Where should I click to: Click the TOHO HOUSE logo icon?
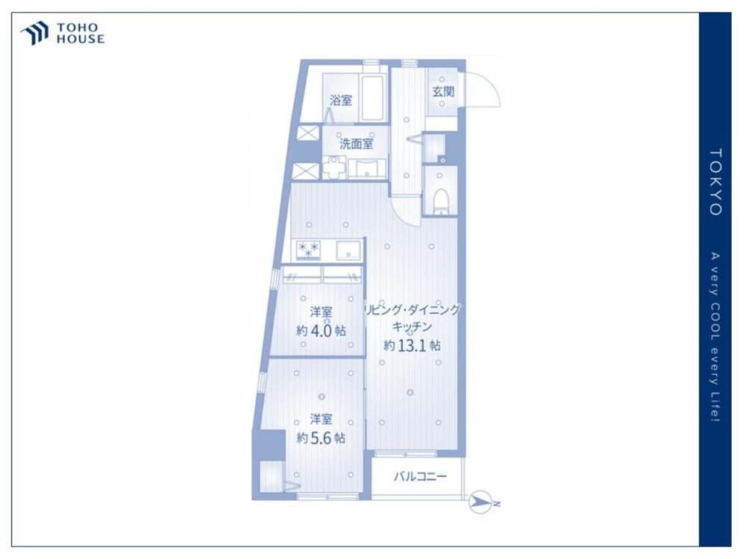point(35,34)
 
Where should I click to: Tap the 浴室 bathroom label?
point(341,101)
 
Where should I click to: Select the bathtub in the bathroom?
point(373,98)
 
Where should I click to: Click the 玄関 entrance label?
point(443,91)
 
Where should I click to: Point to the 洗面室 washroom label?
point(357,143)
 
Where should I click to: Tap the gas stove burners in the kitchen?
point(308,250)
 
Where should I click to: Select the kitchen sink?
point(348,250)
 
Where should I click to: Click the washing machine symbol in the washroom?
point(335,167)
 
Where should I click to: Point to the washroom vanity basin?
point(367,168)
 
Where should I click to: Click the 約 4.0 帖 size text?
point(321,330)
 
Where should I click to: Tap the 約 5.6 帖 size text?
point(321,438)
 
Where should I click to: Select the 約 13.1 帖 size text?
point(412,346)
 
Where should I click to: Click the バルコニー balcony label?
point(421,476)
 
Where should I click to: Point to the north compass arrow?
point(483,502)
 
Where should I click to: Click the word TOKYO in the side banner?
point(715,182)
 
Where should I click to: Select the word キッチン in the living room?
point(412,327)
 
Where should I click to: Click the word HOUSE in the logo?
point(81,40)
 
